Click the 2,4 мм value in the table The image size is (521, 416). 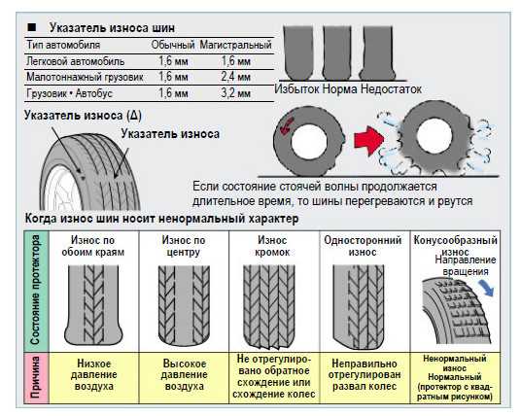coord(235,77)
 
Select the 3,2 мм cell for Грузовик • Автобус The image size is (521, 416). coord(235,93)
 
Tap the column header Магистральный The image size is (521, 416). coord(235,45)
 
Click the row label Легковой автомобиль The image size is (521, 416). coord(76,61)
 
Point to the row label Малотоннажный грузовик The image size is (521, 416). coord(85,77)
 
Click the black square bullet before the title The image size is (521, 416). coord(32,27)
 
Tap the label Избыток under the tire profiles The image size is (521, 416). coord(297,89)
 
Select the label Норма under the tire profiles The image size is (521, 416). coord(340,89)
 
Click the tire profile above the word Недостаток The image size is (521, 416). coord(378,53)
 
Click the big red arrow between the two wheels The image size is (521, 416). coord(368,141)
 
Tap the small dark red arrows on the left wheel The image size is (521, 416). coord(287,126)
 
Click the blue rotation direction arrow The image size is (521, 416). coord(486,288)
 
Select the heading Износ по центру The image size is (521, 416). coord(184,246)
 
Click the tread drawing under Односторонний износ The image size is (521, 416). coord(359,307)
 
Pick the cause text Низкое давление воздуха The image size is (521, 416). coord(94,375)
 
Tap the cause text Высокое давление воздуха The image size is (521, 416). coord(184,375)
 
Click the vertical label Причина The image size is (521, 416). coord(36,377)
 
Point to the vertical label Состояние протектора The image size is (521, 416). coord(35,290)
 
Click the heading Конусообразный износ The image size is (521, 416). coord(455,246)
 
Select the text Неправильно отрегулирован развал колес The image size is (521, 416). coord(365,375)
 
